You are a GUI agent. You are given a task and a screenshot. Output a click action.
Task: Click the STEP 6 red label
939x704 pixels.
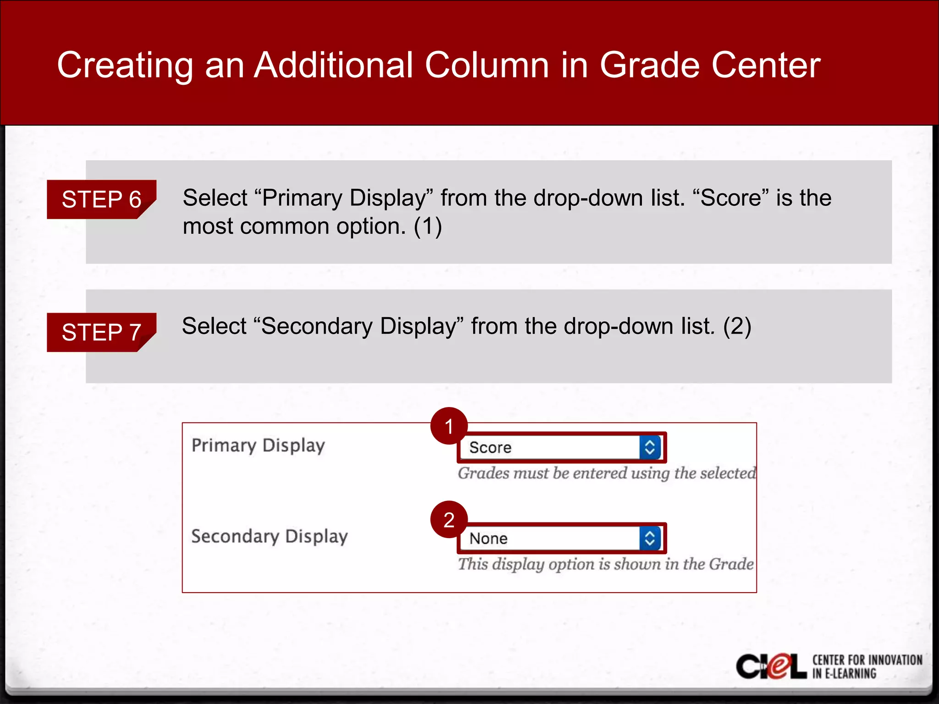101,199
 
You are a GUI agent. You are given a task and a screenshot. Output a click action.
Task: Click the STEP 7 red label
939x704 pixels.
101,332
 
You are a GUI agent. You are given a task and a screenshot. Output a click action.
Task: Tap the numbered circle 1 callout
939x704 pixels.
449,426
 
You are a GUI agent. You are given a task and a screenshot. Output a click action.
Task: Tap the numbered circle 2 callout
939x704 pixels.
449,519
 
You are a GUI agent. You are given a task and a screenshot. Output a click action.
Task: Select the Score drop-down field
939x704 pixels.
550,447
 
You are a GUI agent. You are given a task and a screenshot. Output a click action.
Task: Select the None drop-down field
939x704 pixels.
550,538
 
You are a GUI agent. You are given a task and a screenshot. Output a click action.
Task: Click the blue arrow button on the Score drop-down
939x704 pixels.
650,447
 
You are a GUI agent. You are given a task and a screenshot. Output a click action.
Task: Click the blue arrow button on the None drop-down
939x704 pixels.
650,538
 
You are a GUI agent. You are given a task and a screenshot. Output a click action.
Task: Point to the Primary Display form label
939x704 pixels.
258,445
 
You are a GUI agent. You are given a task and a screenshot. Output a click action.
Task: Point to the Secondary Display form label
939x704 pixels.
270,536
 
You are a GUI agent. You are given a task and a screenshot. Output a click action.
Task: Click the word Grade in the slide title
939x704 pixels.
649,65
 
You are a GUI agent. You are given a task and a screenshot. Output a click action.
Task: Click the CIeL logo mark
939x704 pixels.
771,666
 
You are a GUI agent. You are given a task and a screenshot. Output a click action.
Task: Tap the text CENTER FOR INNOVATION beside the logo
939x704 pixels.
867,660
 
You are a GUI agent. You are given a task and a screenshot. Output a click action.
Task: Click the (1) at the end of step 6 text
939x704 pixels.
427,226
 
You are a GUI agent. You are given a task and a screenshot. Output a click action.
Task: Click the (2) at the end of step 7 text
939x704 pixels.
737,326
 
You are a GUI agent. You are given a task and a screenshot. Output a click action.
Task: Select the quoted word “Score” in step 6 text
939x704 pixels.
731,198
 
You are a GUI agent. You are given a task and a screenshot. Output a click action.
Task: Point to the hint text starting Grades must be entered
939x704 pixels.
607,473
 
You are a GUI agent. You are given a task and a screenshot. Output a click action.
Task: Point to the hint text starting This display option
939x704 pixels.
606,564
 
